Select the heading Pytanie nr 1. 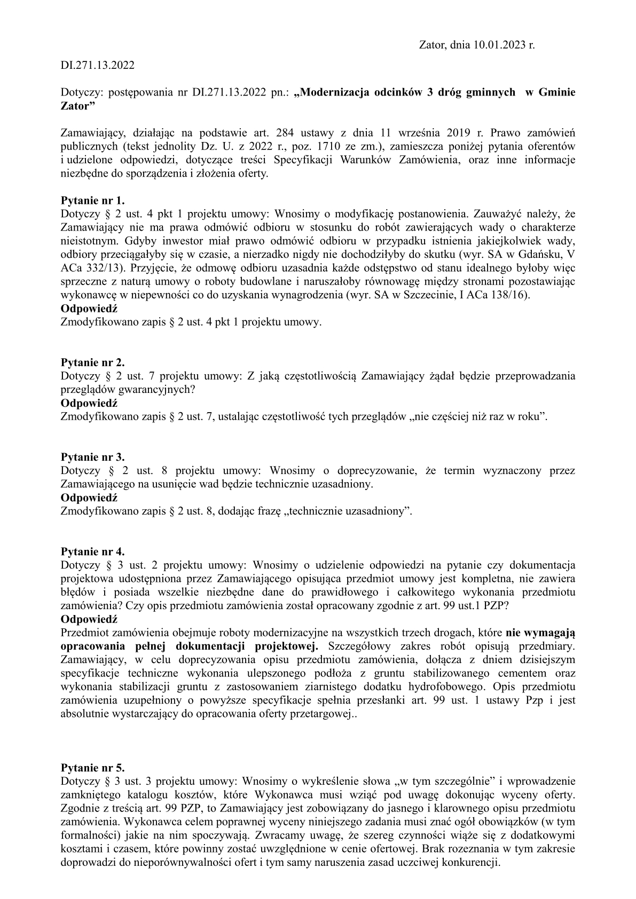(93, 201)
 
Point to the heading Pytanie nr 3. (93, 458)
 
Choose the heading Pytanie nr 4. (93, 551)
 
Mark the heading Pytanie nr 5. (93, 768)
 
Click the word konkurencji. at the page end (472, 862)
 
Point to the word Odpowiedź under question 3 (89, 498)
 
